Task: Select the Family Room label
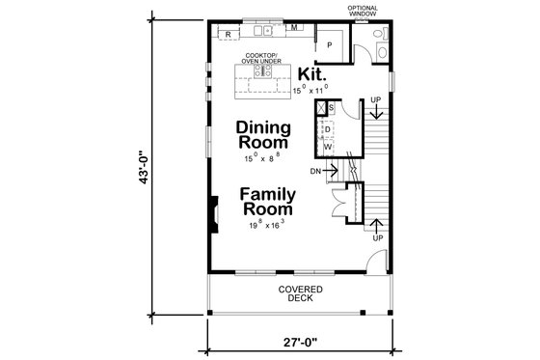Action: (x=267, y=201)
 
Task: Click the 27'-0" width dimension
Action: (x=303, y=341)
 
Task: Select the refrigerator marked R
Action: (x=228, y=35)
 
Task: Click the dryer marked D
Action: (x=327, y=128)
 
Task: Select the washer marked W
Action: (x=327, y=147)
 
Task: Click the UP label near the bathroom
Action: (x=375, y=100)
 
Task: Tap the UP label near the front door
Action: (x=376, y=237)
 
